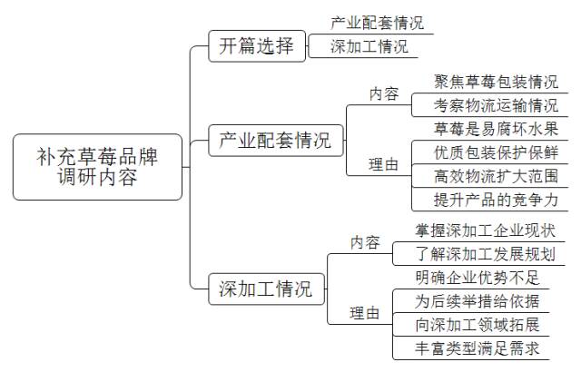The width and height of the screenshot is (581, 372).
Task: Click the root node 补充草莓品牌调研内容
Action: [97, 167]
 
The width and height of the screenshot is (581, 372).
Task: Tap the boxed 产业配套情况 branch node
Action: [276, 142]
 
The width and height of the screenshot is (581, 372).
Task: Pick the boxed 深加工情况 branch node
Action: [265, 289]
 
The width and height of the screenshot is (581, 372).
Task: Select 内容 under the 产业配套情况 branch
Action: [383, 93]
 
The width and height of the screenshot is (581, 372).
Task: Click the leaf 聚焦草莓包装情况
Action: [483, 82]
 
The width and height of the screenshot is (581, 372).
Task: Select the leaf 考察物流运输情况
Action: [483, 105]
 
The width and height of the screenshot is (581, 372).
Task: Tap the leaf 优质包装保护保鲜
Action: [483, 152]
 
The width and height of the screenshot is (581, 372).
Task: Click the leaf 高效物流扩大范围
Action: [483, 175]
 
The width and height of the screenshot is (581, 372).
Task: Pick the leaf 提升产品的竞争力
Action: [483, 199]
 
